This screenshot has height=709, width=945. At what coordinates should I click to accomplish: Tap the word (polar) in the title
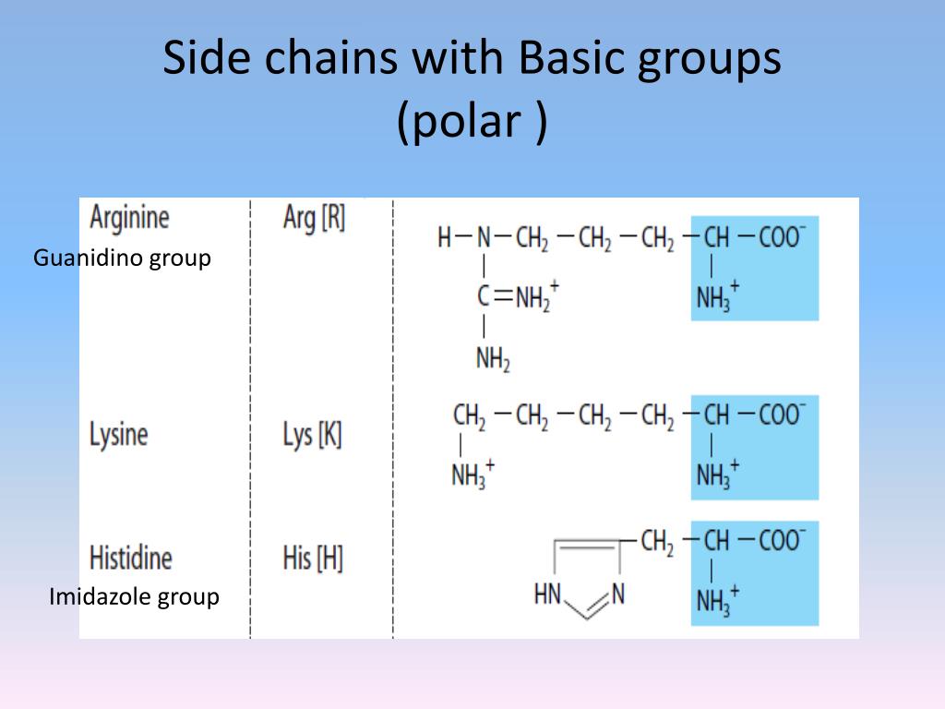pos(472,121)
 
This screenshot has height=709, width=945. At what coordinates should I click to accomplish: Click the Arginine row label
pos(130,218)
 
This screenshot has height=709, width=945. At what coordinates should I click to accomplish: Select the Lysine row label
pos(118,434)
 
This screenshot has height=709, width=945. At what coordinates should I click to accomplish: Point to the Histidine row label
pos(130,558)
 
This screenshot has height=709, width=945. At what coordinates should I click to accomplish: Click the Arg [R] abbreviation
pos(314,219)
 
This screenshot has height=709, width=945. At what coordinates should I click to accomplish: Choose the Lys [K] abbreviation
pos(312,435)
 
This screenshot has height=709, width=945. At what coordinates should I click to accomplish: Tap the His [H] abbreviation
pos(312,558)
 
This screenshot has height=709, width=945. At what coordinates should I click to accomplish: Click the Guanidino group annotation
pos(122,258)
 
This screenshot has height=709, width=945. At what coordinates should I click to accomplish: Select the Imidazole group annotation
pos(134,597)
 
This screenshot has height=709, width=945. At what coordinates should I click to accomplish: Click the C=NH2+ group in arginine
pos(518,297)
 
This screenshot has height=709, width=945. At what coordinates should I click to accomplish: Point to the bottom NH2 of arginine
pos(493,359)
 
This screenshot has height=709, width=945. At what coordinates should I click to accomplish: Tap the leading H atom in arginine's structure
pos(445,238)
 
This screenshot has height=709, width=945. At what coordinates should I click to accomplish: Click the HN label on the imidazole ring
pos(547,595)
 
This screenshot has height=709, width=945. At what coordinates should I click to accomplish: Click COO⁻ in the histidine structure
pos(782,540)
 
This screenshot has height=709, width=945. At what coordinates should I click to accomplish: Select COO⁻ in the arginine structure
pos(782,238)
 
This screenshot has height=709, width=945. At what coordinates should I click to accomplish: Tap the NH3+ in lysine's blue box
pos(717,474)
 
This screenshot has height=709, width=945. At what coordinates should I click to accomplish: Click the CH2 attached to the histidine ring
pos(657,541)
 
